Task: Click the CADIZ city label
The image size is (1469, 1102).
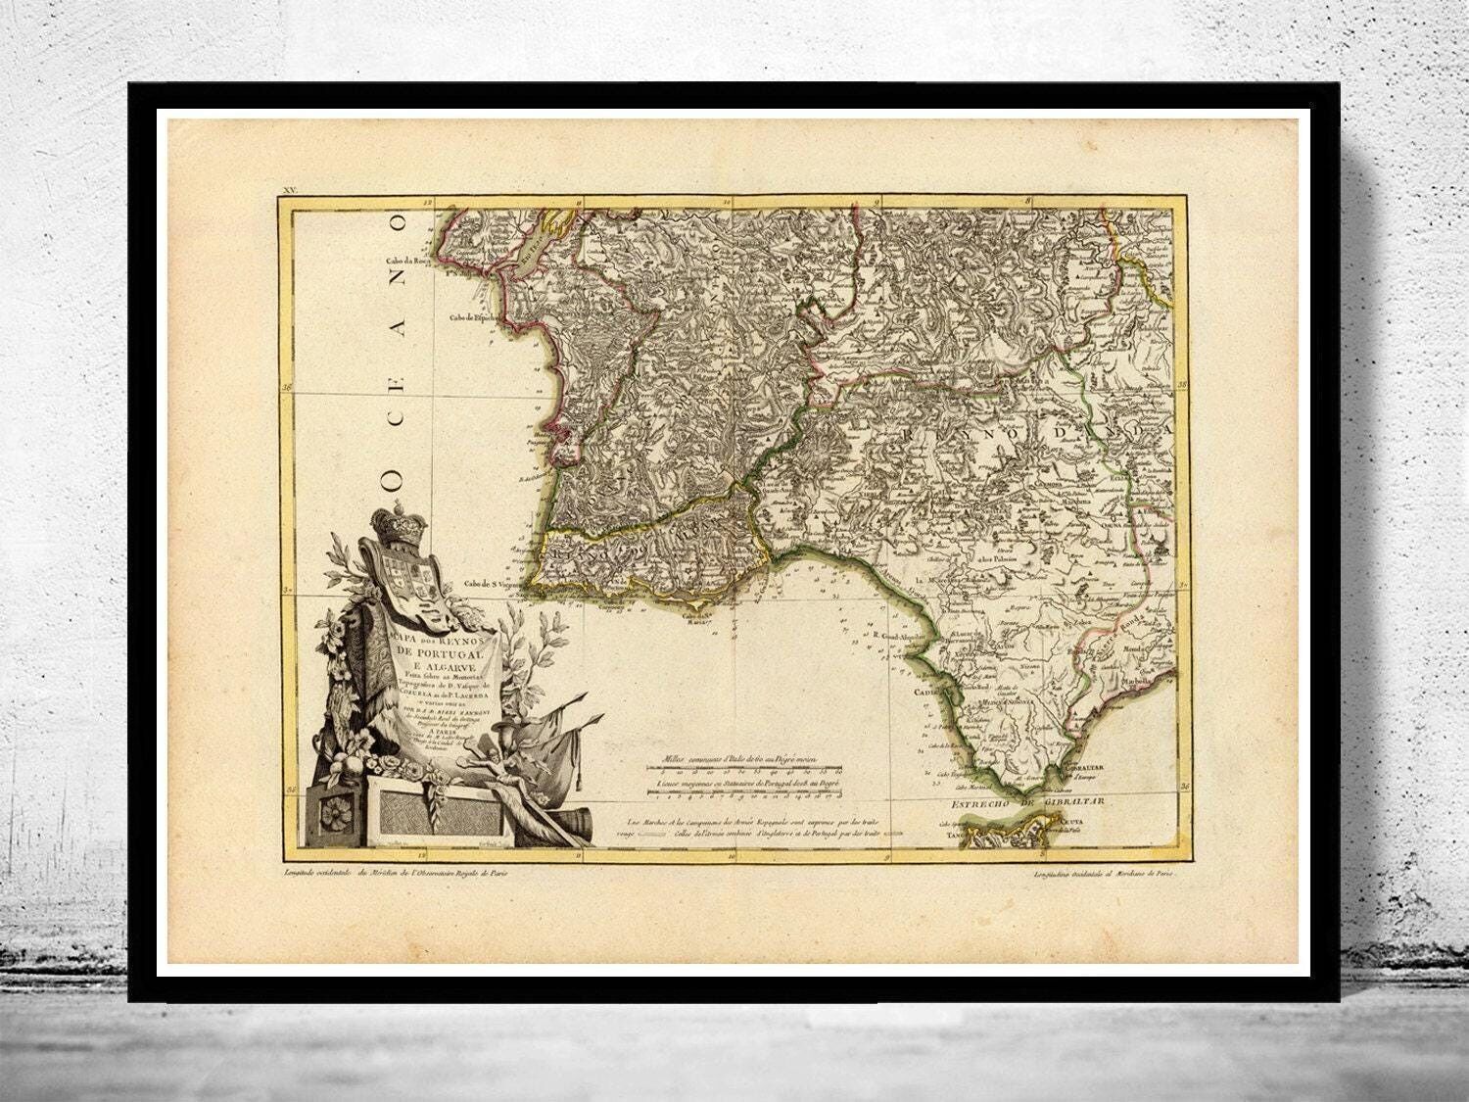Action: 925,691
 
